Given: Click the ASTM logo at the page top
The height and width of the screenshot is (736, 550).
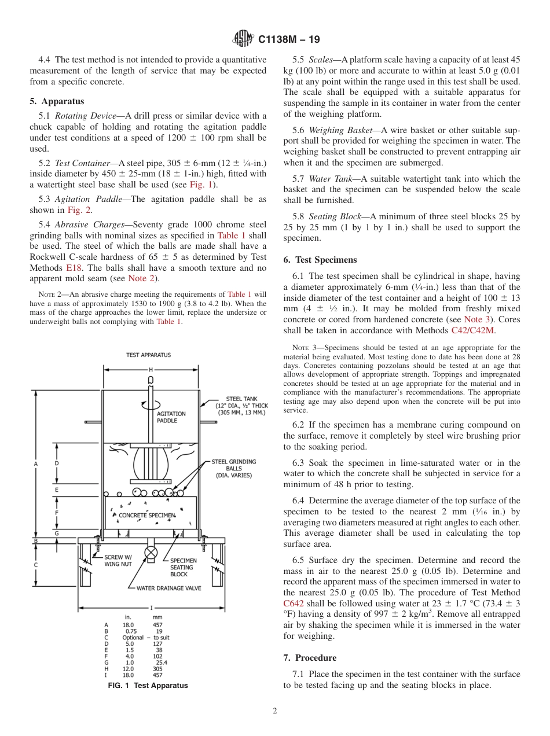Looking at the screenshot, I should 243,39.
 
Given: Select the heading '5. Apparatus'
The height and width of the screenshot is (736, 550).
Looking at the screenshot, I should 57,101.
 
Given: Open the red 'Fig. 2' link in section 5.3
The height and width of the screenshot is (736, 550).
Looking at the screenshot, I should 79,210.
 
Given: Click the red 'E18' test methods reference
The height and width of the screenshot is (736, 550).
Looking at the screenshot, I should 74,268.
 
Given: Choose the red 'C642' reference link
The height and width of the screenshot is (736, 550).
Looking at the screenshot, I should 294,603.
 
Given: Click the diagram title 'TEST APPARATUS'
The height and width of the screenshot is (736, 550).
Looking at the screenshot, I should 149,355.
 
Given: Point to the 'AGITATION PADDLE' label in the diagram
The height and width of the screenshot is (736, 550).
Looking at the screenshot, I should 171,417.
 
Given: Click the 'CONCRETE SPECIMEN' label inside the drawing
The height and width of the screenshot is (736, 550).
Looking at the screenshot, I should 146,515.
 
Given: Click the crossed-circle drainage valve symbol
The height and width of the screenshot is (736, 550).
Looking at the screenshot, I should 151,552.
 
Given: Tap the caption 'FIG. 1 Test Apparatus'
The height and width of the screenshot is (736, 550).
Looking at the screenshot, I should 148,686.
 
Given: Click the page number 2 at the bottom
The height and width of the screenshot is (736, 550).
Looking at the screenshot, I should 275,711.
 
